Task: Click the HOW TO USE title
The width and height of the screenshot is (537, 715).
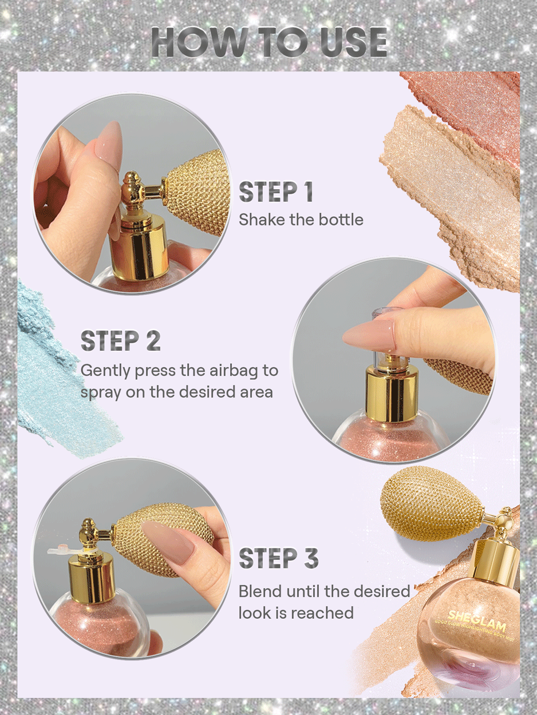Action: point(269,41)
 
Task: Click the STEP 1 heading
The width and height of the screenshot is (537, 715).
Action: point(276,193)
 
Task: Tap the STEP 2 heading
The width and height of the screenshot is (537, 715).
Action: point(120,340)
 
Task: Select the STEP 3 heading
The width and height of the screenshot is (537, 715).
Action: point(278,558)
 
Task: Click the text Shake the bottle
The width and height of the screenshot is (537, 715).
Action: point(301,220)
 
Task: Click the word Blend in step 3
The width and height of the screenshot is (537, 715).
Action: point(258,590)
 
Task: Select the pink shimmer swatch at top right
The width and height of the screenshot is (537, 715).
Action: point(469,103)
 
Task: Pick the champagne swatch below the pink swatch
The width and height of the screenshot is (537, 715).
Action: point(452,183)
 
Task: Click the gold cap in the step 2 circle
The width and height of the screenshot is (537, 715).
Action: point(392,395)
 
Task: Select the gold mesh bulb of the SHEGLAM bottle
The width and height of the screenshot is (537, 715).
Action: point(432,503)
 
